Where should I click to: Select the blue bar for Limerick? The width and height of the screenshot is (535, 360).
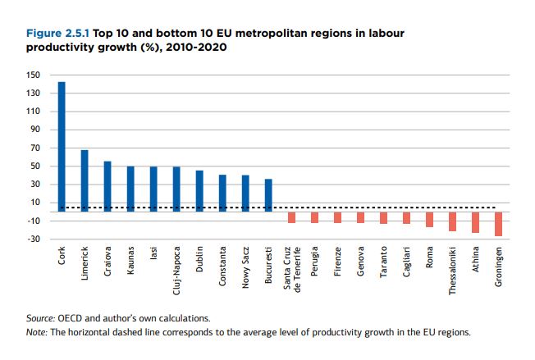point(85,180)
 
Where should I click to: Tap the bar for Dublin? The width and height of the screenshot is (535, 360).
point(199,190)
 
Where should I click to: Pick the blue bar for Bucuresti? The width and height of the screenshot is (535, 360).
point(268,194)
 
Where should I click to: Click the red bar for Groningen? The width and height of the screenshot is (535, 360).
point(498,224)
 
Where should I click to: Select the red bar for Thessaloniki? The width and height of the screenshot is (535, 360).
point(452,221)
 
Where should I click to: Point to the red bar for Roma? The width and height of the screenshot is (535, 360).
point(429,219)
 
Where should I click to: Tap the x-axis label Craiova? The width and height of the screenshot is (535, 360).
point(108,257)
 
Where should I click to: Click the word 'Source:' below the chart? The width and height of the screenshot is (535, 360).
point(43,317)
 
